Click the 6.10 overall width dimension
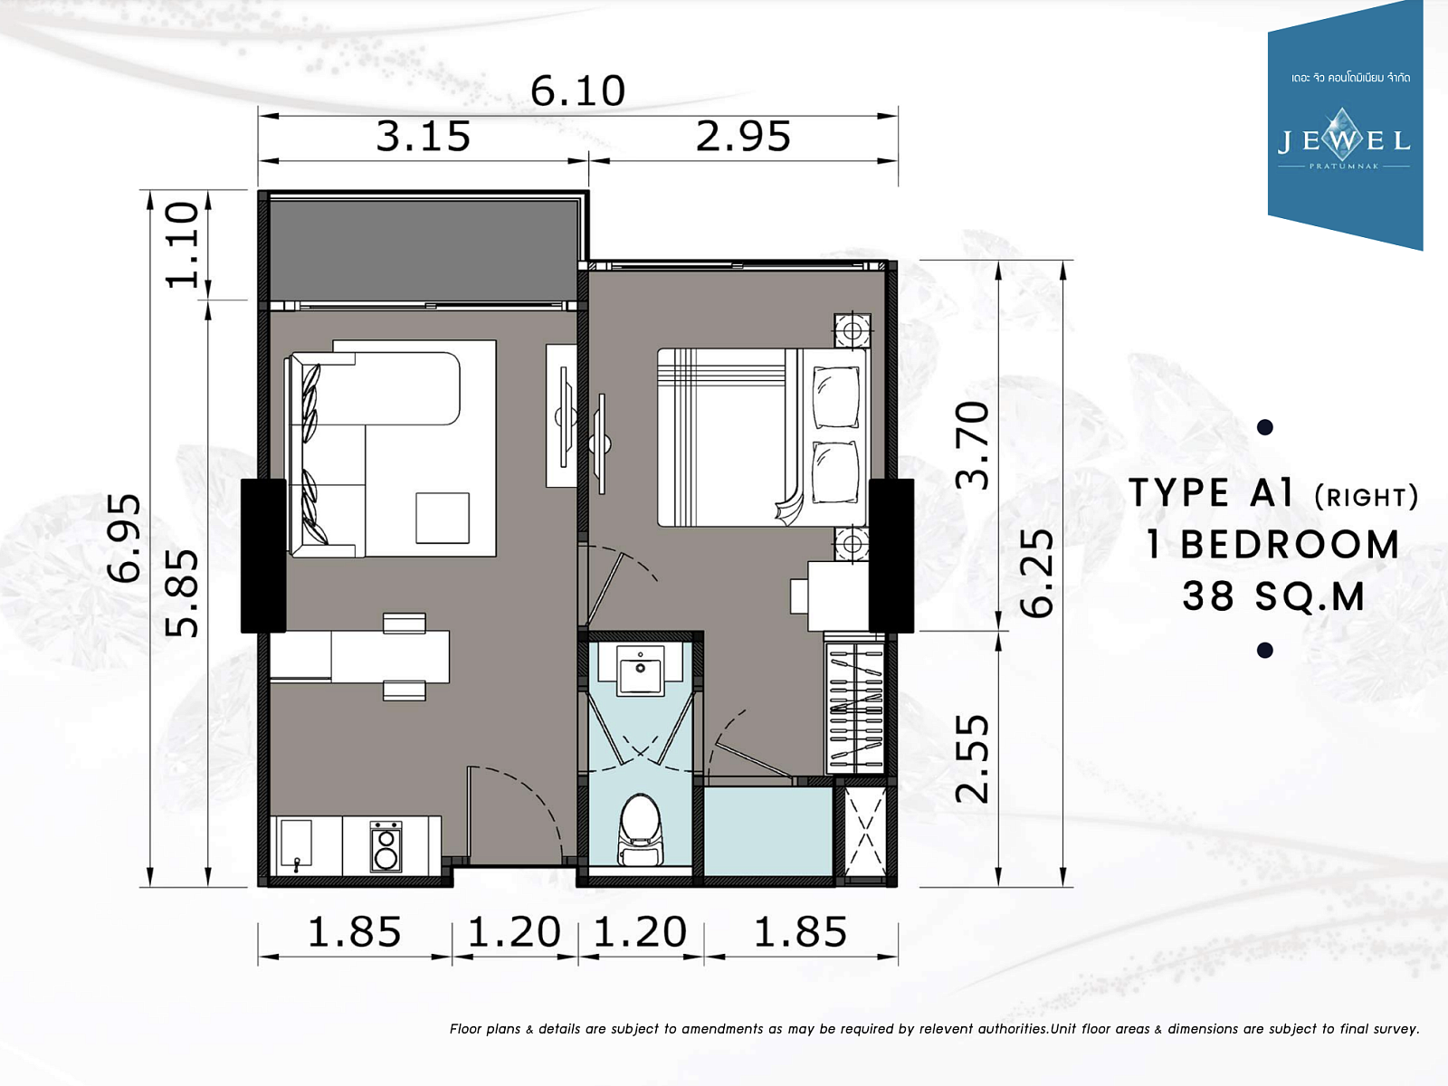pos(578,91)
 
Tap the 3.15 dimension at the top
pos(424,137)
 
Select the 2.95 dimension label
pos(744,137)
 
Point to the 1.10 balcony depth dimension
pos(182,245)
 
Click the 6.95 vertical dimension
pos(124,538)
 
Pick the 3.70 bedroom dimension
pos(973,446)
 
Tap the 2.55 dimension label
pos(973,759)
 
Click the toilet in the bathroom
pos(640,830)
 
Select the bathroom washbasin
pos(640,670)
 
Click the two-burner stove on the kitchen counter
pos(386,846)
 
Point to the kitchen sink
pos(296,844)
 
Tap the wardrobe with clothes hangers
pos(855,709)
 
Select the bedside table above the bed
pos(853,330)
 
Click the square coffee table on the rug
pos(443,518)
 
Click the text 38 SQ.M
pos(1273,596)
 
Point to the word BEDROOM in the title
pos(1290,546)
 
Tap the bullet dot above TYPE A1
pos(1264,427)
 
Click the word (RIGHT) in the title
pos(1367,497)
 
